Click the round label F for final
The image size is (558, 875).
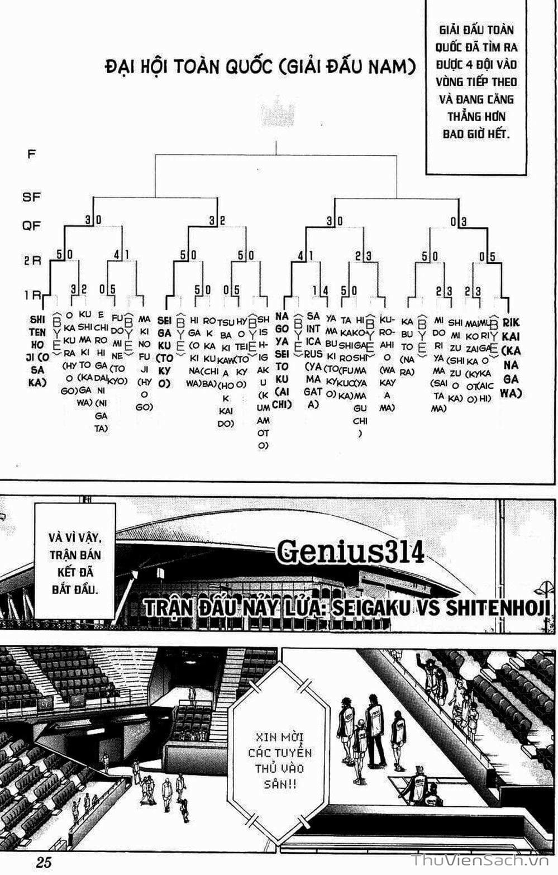pos(31,153)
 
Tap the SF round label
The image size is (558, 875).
pos(31,197)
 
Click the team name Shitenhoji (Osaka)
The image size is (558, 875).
pos(37,351)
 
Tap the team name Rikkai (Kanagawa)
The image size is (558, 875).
pos(511,358)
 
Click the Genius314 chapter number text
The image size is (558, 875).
pos(350,551)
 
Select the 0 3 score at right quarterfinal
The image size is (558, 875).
pos(459,221)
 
